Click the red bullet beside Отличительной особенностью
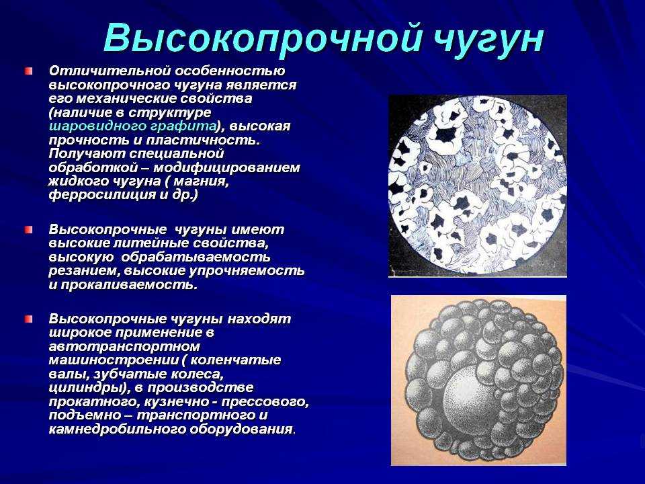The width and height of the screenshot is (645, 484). click(x=28, y=71)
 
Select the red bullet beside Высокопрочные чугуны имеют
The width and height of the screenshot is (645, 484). click(x=28, y=230)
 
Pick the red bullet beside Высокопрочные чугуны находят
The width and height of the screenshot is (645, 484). click(x=28, y=319)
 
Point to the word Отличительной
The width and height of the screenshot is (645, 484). click(x=110, y=71)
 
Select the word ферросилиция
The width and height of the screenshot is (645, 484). click(x=101, y=195)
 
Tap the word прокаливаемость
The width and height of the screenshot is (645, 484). click(x=129, y=285)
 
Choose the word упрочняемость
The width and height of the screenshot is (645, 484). click(x=247, y=271)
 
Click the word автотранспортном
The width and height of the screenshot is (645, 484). click(x=124, y=346)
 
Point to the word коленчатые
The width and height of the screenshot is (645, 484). click(x=236, y=360)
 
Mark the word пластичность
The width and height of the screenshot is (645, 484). click(x=204, y=140)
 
